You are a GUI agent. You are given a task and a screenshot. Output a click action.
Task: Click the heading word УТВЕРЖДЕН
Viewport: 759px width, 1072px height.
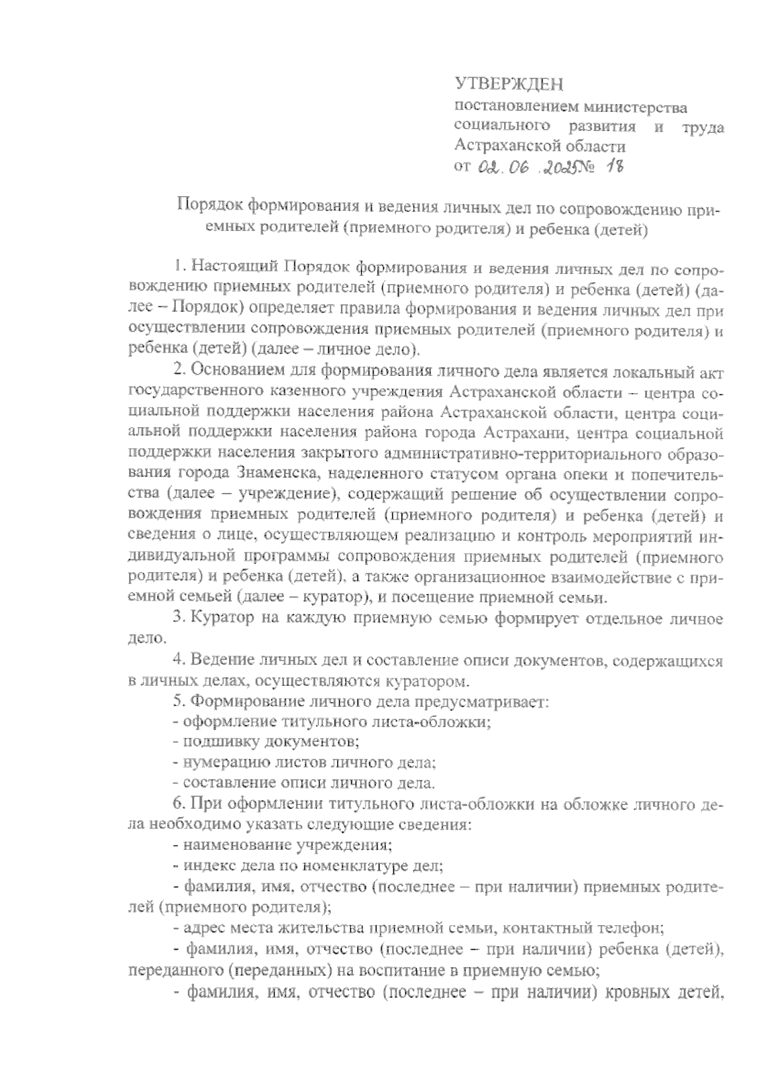[509, 84]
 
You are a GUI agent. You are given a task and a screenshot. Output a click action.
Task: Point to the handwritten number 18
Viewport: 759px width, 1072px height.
[612, 166]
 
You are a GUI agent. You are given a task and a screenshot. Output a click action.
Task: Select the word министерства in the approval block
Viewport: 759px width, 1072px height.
[632, 107]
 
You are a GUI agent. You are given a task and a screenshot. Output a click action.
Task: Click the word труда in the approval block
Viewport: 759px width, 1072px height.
[703, 127]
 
